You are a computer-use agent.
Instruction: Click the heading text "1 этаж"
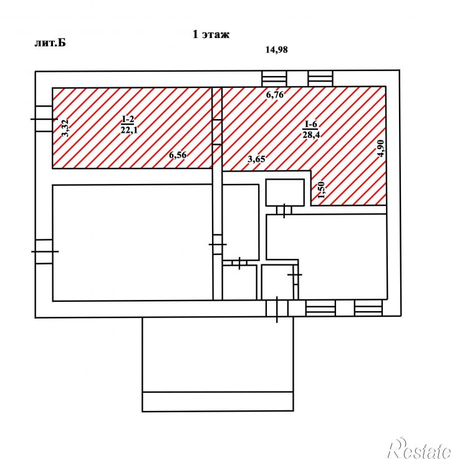click(211, 34)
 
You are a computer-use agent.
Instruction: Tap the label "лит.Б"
click(50, 43)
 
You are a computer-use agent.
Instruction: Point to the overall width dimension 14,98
click(276, 50)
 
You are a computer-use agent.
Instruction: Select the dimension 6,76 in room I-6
click(275, 95)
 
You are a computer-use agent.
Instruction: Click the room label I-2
click(128, 119)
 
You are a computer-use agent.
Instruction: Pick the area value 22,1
click(129, 130)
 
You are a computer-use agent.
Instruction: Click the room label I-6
click(310, 124)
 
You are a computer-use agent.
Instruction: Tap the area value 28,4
click(311, 135)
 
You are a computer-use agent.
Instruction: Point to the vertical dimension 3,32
click(65, 128)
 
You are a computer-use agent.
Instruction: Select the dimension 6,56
click(178, 155)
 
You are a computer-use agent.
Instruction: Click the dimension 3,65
click(256, 159)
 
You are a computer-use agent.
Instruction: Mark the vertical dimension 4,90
click(381, 148)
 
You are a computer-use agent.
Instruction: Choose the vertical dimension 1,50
click(321, 190)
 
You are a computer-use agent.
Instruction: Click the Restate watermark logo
click(419, 449)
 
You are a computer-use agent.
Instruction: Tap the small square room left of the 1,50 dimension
click(285, 192)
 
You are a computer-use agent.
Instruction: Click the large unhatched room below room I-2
click(133, 243)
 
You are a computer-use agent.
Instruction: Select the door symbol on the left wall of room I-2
click(44, 119)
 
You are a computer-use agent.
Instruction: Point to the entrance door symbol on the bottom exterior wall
click(277, 309)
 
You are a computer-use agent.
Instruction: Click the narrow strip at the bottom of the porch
click(218, 402)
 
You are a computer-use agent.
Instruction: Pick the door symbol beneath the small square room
click(284, 210)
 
